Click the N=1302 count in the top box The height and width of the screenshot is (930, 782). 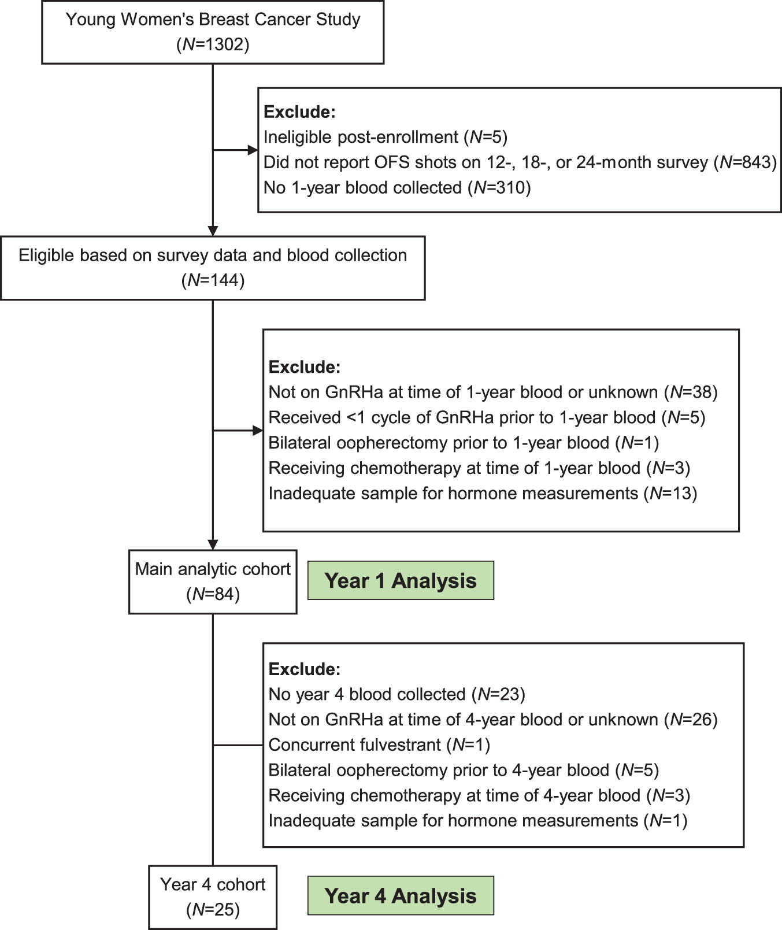pyautogui.click(x=213, y=45)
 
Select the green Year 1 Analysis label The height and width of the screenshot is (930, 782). pyautogui.click(x=401, y=580)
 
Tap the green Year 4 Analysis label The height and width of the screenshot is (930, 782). pyautogui.click(x=401, y=895)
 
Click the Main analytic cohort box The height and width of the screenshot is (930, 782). pyautogui.click(x=213, y=581)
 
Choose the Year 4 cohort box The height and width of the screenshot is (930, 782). pyautogui.click(x=213, y=896)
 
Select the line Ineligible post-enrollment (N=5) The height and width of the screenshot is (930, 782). pyautogui.click(x=385, y=137)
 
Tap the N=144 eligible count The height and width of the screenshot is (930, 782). pyautogui.click(x=213, y=280)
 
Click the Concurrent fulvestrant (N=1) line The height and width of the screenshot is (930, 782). pyautogui.click(x=379, y=745)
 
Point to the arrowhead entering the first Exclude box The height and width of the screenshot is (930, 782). pyautogui.click(x=253, y=150)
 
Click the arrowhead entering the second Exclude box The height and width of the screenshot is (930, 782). pyautogui.click(x=258, y=431)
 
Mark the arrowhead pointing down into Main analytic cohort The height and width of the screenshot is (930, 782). pyautogui.click(x=213, y=544)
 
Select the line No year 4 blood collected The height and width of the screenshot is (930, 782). pyautogui.click(x=396, y=694)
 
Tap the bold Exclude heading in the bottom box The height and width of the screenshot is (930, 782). pyautogui.click(x=305, y=669)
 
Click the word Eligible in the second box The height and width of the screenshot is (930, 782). pyautogui.click(x=46, y=255)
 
